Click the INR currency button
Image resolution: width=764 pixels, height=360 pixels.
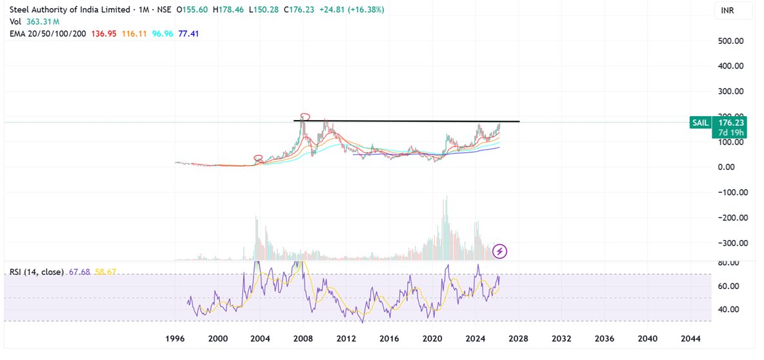[727, 11]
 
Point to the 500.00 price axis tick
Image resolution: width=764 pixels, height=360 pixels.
[731, 41]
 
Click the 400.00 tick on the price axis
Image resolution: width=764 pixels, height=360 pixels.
[731, 66]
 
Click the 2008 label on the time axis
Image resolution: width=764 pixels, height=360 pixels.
[303, 339]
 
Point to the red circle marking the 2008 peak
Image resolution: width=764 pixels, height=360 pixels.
[305, 117]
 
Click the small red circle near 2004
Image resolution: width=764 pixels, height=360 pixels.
[259, 158]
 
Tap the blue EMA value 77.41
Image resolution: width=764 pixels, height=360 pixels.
[188, 32]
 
